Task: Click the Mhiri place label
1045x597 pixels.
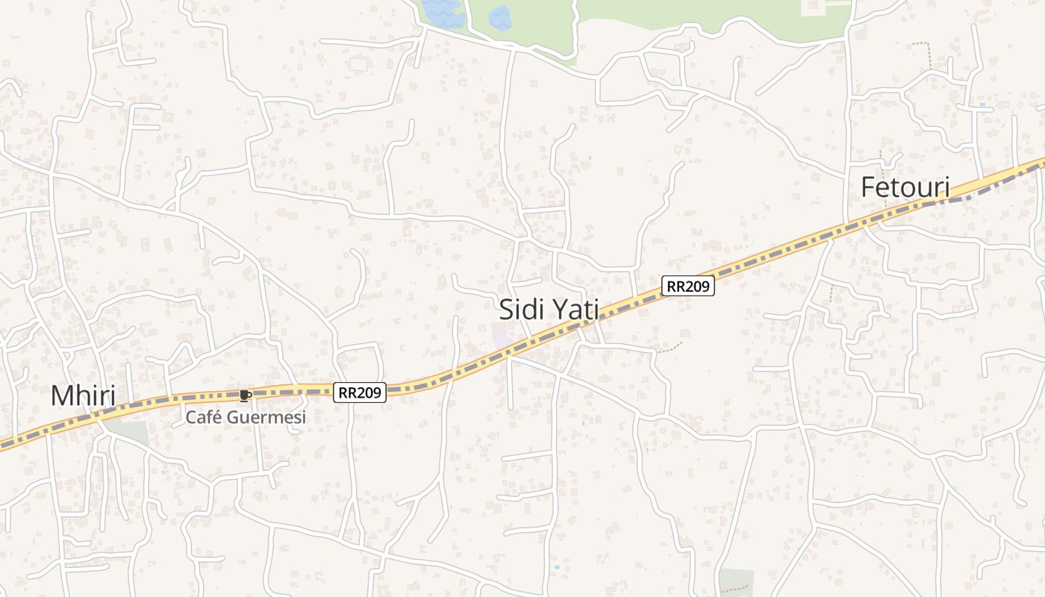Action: pos(83,396)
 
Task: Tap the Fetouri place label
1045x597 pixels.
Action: pos(905,187)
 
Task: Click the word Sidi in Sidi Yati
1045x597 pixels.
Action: pos(522,309)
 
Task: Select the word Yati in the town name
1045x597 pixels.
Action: pos(575,309)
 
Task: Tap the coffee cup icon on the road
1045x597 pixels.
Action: pos(244,396)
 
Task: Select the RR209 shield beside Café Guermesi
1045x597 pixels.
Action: pos(360,393)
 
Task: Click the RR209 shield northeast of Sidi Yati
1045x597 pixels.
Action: pos(688,285)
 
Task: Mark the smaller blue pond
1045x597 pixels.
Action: pos(499,16)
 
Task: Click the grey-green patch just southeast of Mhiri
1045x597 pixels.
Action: pos(128,431)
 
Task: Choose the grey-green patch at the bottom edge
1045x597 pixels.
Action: pos(736,582)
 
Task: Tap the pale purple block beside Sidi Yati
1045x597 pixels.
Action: pos(502,337)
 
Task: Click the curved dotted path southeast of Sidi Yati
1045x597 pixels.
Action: pos(670,347)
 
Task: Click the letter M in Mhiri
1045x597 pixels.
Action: pos(63,396)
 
